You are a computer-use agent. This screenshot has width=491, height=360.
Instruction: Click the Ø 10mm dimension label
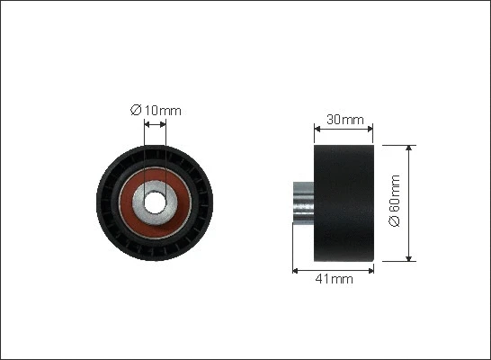156,111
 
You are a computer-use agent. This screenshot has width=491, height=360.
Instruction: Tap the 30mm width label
345,120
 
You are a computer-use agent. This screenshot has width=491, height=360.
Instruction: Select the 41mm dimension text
335,278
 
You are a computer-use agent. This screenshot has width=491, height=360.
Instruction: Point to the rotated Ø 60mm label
394,201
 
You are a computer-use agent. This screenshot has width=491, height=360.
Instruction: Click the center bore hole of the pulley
155,202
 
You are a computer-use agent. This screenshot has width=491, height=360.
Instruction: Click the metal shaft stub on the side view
303,202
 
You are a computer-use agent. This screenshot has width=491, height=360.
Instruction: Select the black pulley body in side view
344,203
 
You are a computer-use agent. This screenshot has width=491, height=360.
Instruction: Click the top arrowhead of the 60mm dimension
408,148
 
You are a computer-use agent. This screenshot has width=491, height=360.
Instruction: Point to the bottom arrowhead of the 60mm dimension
408,258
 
